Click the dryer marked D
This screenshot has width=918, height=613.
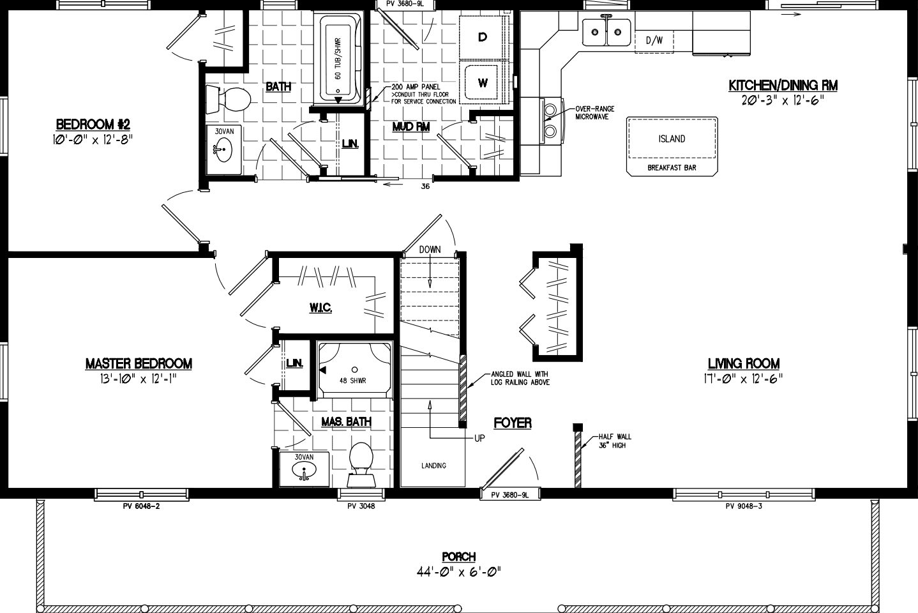coord(483,37)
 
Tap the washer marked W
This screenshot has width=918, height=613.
coord(483,82)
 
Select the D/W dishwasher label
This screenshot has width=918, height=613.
coord(654,41)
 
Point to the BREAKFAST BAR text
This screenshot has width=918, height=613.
coord(672,168)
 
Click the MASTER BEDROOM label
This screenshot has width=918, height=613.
coord(139,364)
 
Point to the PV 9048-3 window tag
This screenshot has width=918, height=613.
coord(744,506)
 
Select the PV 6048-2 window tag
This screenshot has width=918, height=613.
coord(141,506)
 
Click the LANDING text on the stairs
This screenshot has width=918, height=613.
coord(433,465)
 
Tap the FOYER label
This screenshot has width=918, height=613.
coord(512,423)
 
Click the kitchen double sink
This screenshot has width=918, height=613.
coord(606,32)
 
